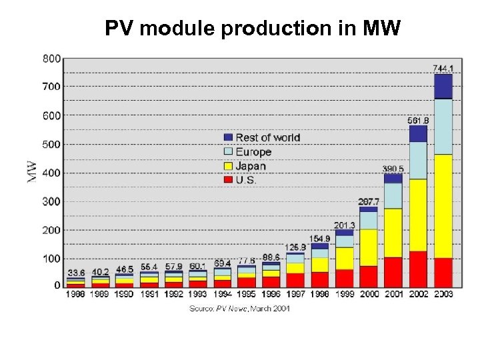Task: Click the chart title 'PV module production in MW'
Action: point(253,29)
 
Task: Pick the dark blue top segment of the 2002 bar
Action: point(418,133)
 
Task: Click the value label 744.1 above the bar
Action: point(443,68)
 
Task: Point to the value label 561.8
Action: point(418,121)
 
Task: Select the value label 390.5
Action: point(393,169)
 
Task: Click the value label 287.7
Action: point(369,201)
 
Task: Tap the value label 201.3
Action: point(344,225)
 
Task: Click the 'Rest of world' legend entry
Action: point(267,138)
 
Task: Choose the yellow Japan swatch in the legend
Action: point(228,167)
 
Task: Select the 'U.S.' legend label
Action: point(246,180)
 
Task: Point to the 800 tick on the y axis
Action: point(51,59)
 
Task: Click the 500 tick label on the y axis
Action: point(51,144)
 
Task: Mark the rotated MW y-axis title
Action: point(31,172)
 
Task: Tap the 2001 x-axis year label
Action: point(393,293)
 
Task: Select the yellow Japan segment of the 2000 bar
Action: point(369,247)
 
